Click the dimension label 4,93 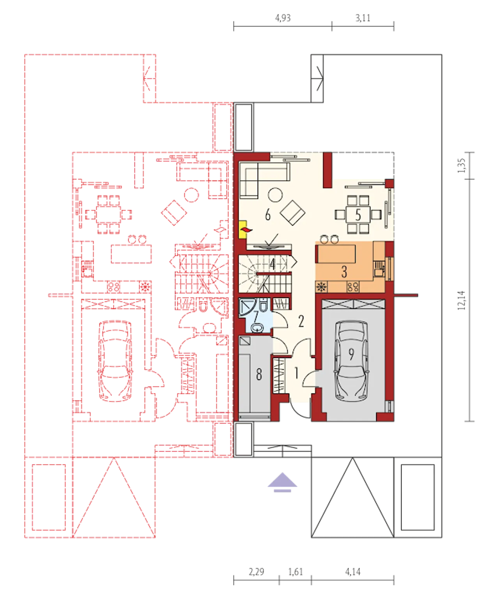point(283,18)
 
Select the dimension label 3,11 point(363,18)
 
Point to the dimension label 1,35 point(461,165)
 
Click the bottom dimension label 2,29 point(256,572)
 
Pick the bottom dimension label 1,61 point(296,572)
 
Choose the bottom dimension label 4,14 point(352,572)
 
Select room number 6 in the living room point(267,214)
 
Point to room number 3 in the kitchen point(344,271)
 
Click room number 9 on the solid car point(351,354)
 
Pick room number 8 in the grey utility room point(259,374)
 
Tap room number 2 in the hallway point(301,321)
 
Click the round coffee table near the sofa point(275,195)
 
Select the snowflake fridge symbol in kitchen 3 point(321,287)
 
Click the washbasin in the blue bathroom point(257,328)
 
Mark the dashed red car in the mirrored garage point(115,361)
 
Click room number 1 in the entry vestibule point(296,373)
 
